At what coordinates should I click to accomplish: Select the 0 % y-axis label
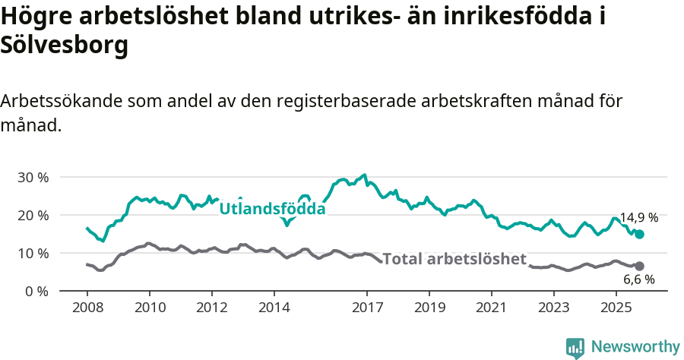36,292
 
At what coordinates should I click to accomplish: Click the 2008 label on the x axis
87,308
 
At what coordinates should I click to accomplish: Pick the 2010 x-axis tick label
150,308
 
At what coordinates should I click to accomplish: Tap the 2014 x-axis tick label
274,308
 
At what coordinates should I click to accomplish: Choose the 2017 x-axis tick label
367,308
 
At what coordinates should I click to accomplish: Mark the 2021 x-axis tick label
492,308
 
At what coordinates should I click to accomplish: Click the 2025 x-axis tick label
616,308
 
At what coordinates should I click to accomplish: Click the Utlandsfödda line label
272,209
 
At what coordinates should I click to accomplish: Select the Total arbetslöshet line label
454,259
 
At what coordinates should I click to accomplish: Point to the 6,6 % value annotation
638,279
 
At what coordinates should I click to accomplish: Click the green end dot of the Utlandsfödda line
639,235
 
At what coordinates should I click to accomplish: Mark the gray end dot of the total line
639,266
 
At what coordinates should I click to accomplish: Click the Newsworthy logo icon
575,347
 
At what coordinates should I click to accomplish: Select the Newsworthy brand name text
635,347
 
